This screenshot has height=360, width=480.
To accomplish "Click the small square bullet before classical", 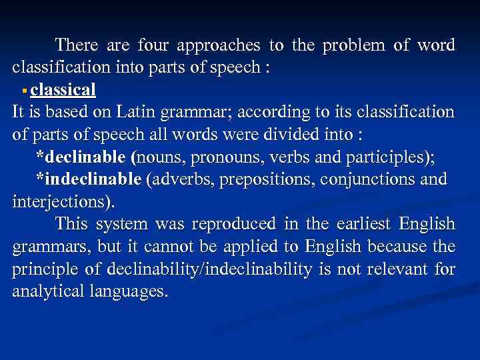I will [x=24, y=90].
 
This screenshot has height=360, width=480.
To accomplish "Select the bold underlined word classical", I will [x=63, y=89].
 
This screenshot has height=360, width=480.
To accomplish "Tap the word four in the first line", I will [x=153, y=45].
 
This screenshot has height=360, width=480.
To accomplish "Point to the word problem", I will [x=355, y=47].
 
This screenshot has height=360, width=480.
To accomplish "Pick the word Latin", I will [x=149, y=111].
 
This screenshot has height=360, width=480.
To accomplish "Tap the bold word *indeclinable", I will [x=88, y=179].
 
